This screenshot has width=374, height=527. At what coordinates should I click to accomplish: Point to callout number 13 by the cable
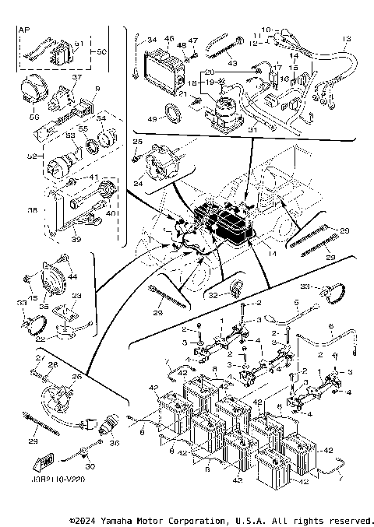[346, 38]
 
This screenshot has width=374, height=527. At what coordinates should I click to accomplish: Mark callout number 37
[76, 78]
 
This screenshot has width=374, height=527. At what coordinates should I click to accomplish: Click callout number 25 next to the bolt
[137, 141]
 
